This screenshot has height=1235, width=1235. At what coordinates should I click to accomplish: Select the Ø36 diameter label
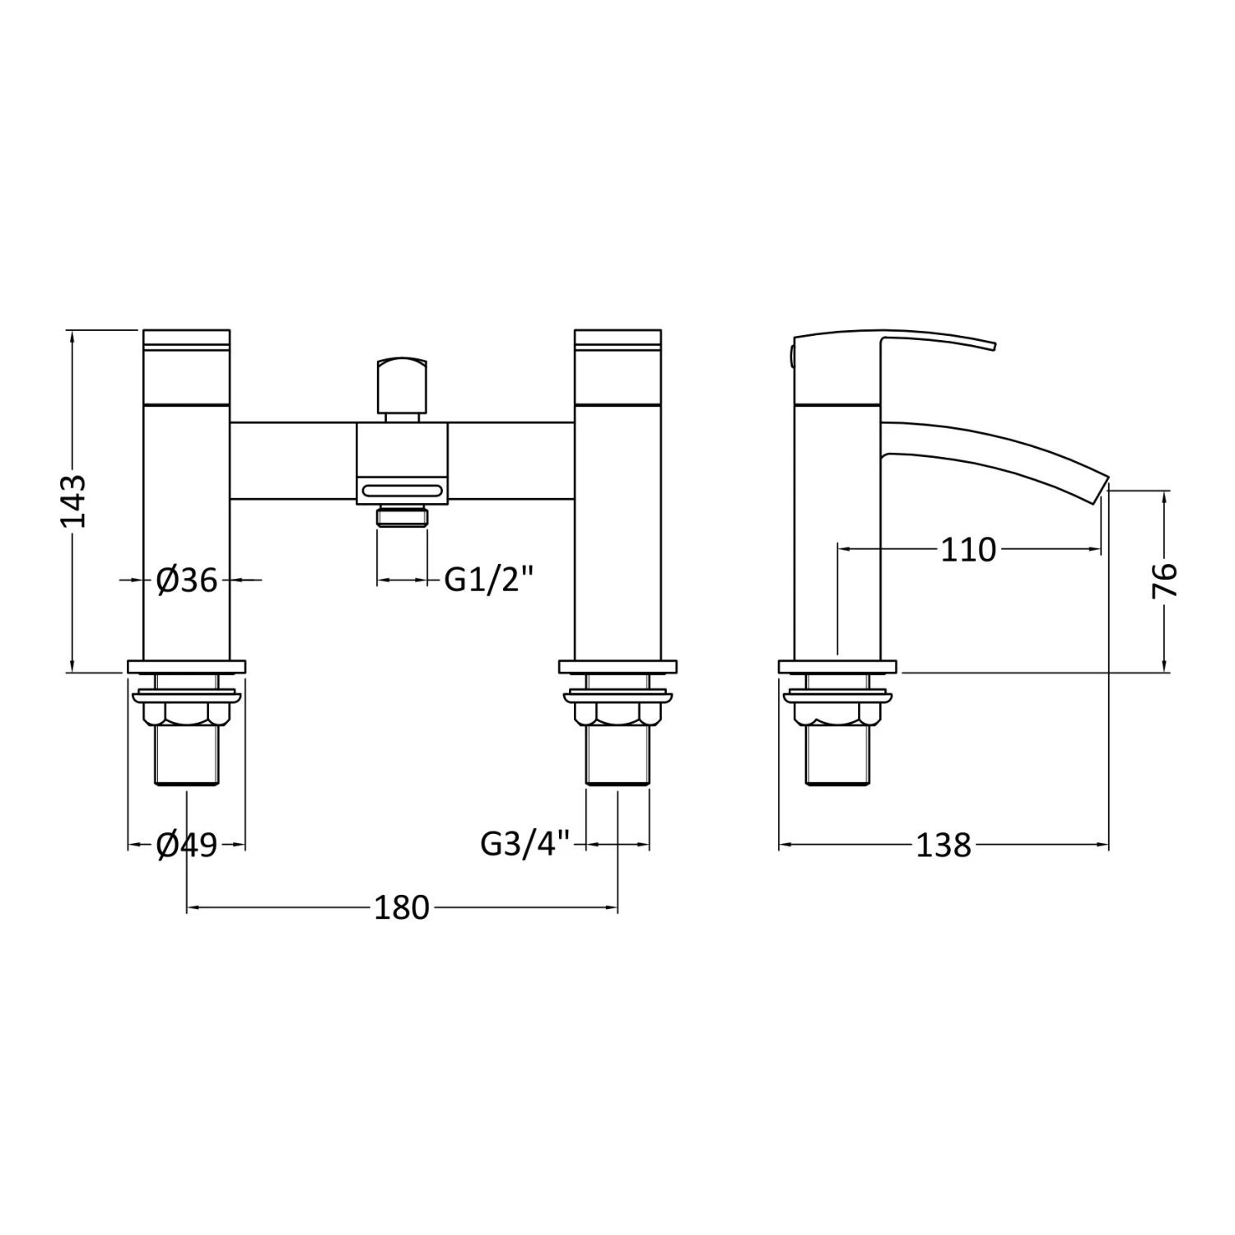187,581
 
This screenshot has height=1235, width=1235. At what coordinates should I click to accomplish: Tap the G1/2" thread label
489,580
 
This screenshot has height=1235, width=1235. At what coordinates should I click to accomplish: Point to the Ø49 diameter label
187,845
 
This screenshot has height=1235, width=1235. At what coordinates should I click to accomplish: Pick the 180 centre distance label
402,908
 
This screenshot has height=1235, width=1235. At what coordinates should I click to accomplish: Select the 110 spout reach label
968,549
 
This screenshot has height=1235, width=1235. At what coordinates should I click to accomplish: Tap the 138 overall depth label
944,846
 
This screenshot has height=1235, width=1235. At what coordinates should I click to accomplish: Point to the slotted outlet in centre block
403,491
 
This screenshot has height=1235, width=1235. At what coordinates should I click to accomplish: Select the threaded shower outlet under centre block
403,518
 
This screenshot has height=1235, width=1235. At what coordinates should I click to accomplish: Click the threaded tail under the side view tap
837,757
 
